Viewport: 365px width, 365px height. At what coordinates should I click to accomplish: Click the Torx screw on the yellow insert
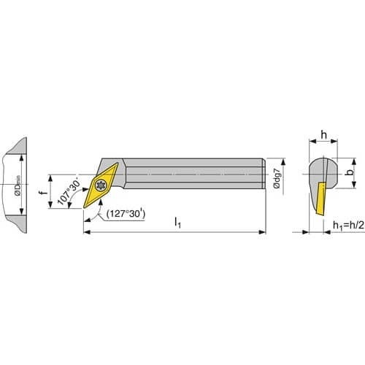tap(101, 185)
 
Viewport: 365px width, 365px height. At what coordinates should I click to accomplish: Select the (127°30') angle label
tap(126, 214)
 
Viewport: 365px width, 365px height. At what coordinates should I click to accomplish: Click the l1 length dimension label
tap(177, 223)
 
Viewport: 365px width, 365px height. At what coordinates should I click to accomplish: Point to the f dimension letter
tap(44, 193)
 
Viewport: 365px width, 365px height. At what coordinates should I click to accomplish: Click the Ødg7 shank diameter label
tap(277, 178)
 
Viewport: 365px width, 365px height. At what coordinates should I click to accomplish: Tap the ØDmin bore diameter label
tap(18, 185)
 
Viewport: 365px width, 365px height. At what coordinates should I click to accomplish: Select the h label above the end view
tap(323, 134)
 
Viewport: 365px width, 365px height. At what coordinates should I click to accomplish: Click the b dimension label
tap(350, 172)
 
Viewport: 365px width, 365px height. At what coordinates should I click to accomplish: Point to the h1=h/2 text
tap(348, 226)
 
